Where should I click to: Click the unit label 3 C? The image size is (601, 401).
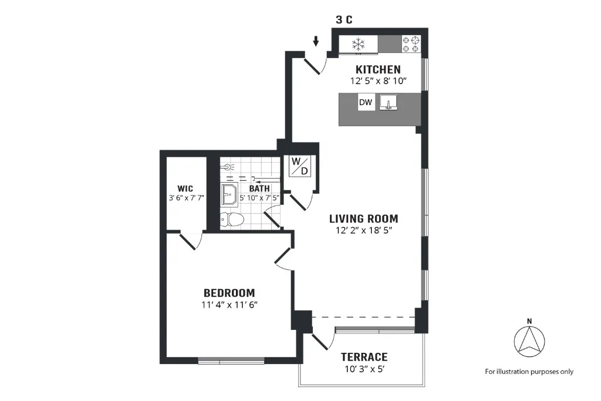coord(344,19)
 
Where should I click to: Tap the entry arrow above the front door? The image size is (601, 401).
coord(316,41)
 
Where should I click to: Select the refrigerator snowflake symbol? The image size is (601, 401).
coord(358,43)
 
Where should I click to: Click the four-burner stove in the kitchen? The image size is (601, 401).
coord(411,43)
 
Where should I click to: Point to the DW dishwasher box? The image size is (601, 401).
coord(366,103)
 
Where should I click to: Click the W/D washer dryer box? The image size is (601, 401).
coord(300,166)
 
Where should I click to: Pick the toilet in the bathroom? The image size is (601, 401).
coord(232,219)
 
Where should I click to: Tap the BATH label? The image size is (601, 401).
coord(259,188)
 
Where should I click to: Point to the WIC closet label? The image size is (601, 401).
coord(186,188)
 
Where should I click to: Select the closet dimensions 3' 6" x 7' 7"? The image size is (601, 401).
coord(186,198)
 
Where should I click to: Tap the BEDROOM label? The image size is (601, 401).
coord(229,292)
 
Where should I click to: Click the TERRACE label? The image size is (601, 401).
coord(364,356)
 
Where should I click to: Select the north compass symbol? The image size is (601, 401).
coord(529,341)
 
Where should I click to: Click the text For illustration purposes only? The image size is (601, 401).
coord(529,371)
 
